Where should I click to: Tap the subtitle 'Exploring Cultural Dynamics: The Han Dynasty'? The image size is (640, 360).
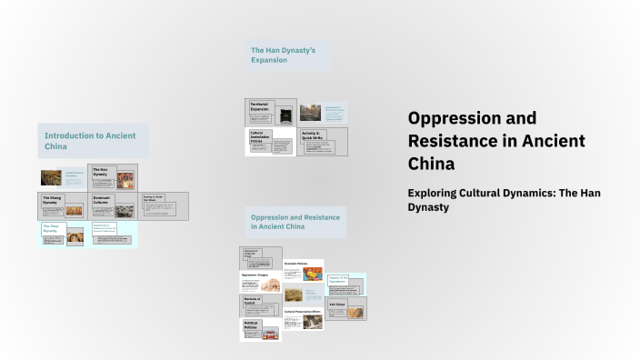point(504,199)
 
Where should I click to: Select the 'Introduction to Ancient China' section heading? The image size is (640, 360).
point(90,141)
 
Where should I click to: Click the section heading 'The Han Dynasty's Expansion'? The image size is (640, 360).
point(283,55)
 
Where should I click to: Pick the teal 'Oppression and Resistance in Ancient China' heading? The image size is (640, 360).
point(295,222)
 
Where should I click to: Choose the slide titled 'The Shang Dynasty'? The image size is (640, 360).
point(53,199)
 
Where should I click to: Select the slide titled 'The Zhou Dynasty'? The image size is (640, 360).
point(52,229)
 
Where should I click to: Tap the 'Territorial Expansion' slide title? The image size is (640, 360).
point(260,107)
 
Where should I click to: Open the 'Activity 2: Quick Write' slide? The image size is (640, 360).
point(312,134)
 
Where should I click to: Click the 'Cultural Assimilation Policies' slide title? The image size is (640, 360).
point(257,137)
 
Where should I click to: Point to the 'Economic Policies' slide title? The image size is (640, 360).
point(296,264)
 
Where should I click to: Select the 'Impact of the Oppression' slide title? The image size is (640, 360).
point(338,279)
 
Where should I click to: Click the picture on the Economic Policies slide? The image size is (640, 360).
point(313,274)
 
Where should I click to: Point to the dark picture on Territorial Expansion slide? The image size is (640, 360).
point(285,115)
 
